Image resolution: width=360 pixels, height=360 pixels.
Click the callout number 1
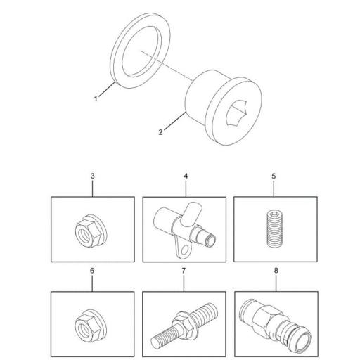click(96, 98)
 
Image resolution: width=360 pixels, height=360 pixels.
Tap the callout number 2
click(160, 132)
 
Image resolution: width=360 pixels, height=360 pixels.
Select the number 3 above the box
click(93, 176)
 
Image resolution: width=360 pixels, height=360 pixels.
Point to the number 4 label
click(186, 176)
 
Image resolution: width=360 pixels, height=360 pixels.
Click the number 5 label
click(274, 176)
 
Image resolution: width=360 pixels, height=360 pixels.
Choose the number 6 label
click(92, 271)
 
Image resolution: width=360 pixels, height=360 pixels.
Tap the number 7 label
click(184, 271)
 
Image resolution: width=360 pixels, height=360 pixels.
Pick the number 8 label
click(276, 271)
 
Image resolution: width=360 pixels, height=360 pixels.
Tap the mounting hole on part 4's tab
click(186, 250)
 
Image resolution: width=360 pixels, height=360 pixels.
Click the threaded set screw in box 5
click(274, 229)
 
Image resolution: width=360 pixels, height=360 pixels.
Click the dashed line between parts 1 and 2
click(166, 65)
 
